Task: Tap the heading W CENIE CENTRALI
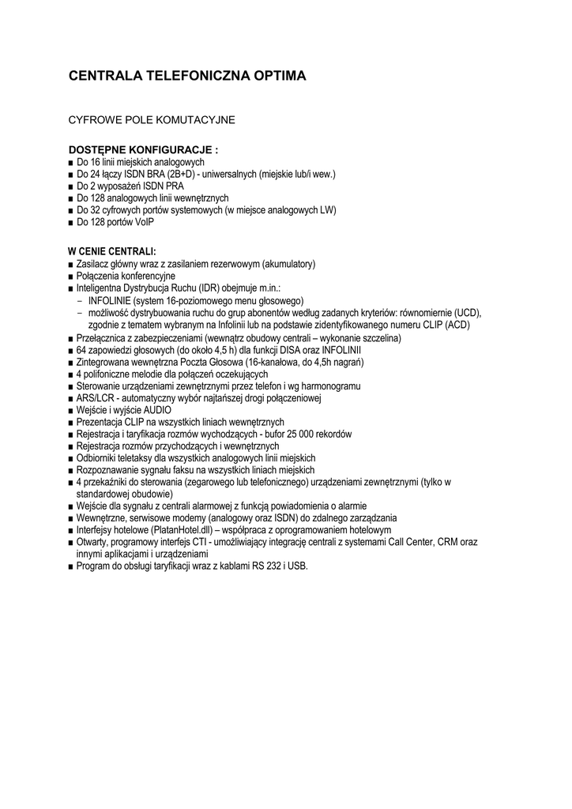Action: click(x=112, y=251)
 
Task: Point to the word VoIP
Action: click(x=144, y=222)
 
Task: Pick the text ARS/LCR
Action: click(x=95, y=397)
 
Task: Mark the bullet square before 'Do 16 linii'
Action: click(x=71, y=162)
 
